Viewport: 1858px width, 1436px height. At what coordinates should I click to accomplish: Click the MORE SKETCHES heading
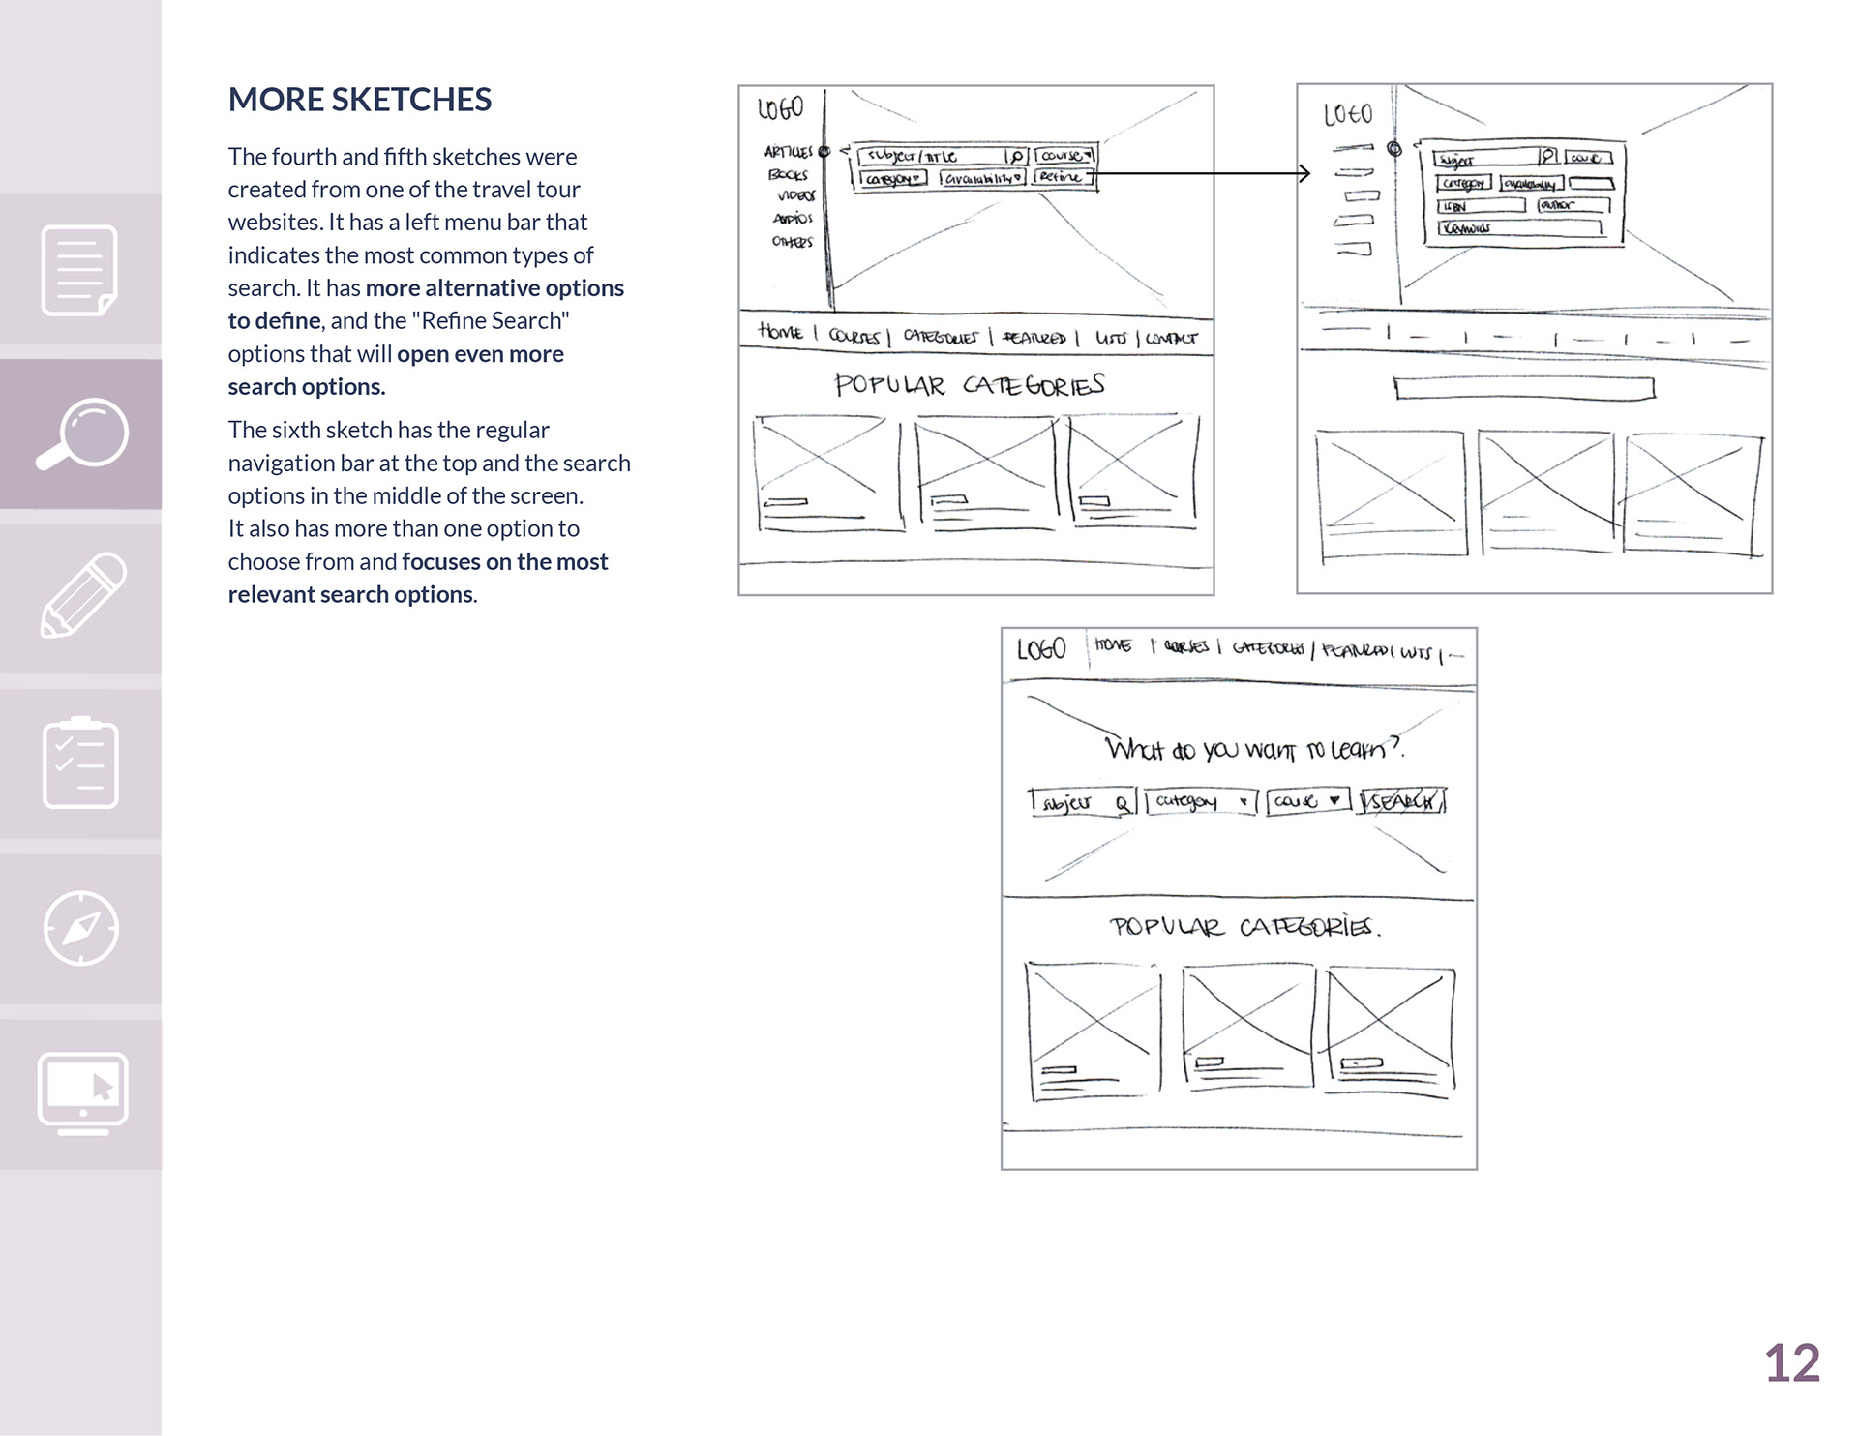359,100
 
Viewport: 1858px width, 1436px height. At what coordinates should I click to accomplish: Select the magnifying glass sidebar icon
81,434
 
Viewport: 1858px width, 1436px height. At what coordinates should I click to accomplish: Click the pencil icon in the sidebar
82,596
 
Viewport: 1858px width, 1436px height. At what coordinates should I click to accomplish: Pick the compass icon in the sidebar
81,927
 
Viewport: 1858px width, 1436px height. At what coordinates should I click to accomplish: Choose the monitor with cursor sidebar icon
82,1092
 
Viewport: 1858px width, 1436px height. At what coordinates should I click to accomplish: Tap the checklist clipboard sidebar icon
81,763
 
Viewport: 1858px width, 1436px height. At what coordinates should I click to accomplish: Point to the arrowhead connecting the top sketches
1304,173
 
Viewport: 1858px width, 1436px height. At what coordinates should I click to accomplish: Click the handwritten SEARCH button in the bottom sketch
1401,801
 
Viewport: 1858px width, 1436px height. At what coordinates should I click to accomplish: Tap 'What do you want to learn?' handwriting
1254,749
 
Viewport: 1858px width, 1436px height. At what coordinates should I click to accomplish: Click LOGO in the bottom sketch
1041,649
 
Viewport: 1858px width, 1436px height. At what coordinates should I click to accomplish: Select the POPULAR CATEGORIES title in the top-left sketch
969,385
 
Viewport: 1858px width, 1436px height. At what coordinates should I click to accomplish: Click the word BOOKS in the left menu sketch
788,175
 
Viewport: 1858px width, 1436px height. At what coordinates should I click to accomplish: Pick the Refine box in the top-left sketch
1063,177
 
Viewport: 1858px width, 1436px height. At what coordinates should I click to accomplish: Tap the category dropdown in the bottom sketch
1200,801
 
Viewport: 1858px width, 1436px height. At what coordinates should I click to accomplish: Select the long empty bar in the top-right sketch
1524,388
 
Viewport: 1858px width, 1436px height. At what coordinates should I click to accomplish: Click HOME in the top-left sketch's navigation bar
780,333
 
